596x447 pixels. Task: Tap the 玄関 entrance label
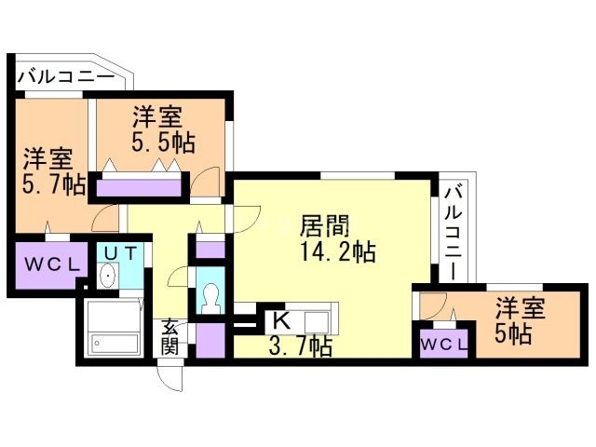pyautogui.click(x=169, y=336)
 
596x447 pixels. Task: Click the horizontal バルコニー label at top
pyautogui.click(x=67, y=76)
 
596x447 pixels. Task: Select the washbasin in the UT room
pyautogui.click(x=108, y=276)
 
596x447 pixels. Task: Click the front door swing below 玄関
pyautogui.click(x=171, y=377)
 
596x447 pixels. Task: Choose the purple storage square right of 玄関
pyautogui.click(x=210, y=340)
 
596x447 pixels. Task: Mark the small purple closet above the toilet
pyautogui.click(x=210, y=249)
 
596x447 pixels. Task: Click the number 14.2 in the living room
pyautogui.click(x=325, y=251)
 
